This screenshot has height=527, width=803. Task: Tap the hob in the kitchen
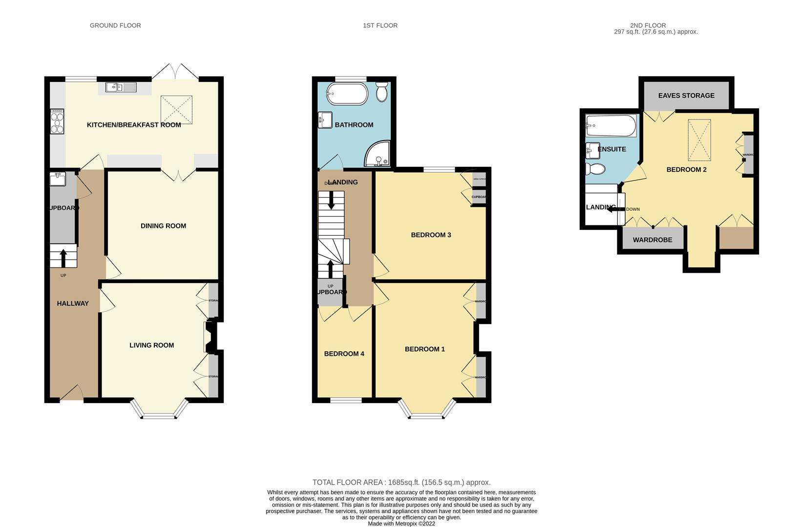[57, 121]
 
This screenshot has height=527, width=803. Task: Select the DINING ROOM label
[163, 226]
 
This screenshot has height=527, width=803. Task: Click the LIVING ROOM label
[151, 345]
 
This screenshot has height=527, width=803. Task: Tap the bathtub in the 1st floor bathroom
[347, 94]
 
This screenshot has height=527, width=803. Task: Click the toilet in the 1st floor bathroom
[382, 91]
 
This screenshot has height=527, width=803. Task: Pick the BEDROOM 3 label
[430, 235]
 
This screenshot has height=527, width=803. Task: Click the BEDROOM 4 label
[344, 354]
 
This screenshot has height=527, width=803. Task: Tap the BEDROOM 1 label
[424, 349]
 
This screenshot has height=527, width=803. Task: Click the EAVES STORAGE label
[686, 96]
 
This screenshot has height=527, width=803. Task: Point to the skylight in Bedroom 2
[699, 139]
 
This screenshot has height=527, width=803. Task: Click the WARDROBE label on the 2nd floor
[652, 240]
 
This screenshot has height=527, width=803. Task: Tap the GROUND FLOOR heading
[115, 25]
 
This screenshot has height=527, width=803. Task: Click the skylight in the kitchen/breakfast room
[176, 110]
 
